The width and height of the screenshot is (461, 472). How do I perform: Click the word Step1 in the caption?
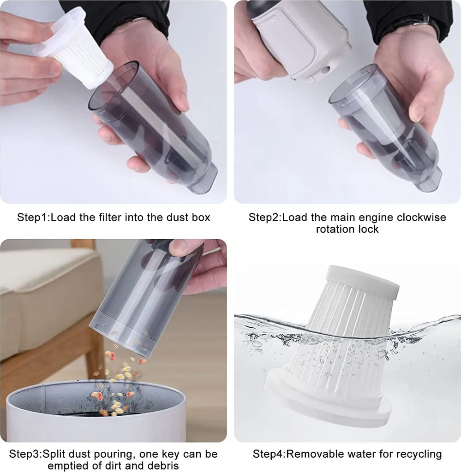[x=32, y=218]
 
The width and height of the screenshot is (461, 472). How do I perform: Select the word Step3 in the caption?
[x=24, y=454]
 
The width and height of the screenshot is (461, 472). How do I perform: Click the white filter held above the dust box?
[x=74, y=48]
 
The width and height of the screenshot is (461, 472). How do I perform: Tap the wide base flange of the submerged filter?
[x=327, y=397]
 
